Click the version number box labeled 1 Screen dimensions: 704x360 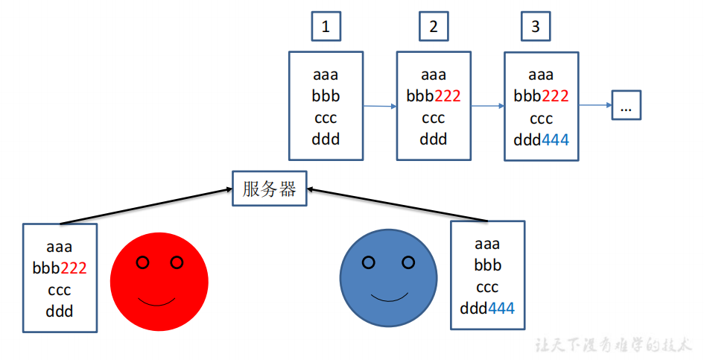[x=326, y=28]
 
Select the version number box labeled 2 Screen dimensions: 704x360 [x=434, y=28]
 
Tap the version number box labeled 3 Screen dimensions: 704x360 [x=535, y=28]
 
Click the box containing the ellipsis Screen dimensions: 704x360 [x=626, y=106]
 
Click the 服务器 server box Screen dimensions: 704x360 [x=269, y=189]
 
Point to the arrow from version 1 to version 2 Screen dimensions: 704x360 [x=380, y=107]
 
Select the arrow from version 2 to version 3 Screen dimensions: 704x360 [x=488, y=107]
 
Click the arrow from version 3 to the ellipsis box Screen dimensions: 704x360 [x=595, y=105]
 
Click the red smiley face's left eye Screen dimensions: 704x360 [x=143, y=262]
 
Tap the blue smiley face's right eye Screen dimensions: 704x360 [x=408, y=262]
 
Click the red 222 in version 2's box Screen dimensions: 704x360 [x=448, y=96]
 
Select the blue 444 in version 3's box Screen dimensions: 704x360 [x=555, y=140]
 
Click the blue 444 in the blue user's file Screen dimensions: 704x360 [x=501, y=308]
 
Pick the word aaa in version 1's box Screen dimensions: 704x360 [x=326, y=75]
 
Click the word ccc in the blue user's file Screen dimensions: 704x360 [x=487, y=287]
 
